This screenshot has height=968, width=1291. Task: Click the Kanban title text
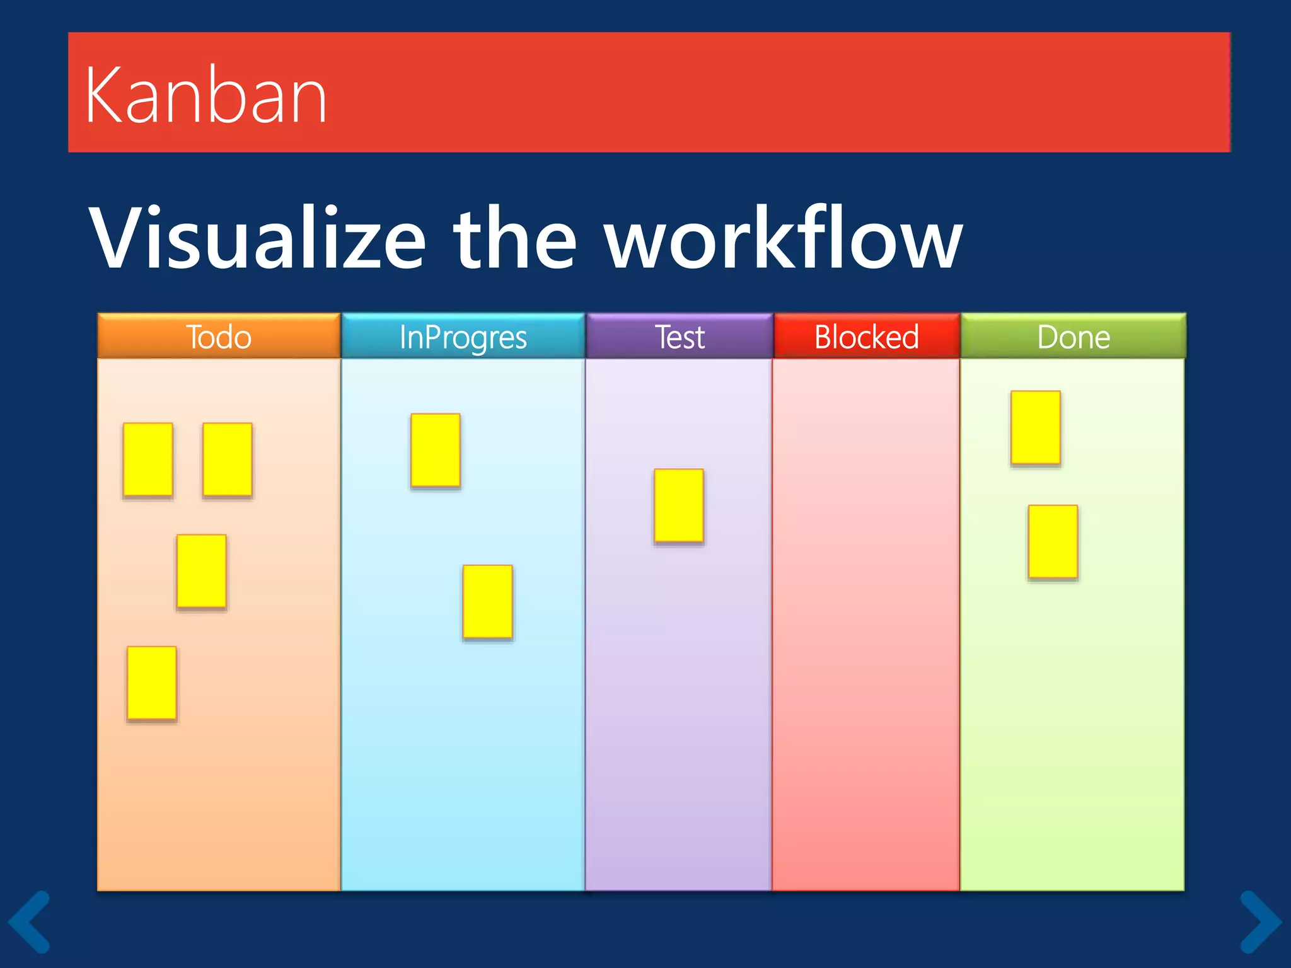pos(206,96)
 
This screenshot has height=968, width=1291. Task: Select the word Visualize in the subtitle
pos(257,239)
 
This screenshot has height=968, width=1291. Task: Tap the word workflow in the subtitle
pos(783,239)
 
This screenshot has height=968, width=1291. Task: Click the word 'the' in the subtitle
pos(514,239)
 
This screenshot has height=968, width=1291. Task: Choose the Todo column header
pos(219,337)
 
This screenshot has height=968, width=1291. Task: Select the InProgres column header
pos(463,337)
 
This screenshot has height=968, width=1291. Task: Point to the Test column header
pos(679,337)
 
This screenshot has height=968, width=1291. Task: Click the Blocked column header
pos(866,337)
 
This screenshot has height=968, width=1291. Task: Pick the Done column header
pos(1073,337)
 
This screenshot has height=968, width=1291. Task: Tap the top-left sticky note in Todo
pos(148,459)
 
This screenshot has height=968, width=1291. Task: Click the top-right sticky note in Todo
pos(228,459)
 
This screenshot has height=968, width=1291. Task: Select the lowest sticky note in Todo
pos(152,683)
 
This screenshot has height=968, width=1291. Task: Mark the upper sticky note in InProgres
pos(435,450)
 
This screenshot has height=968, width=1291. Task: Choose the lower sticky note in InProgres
pos(487,602)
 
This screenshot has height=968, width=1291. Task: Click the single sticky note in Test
pos(679,505)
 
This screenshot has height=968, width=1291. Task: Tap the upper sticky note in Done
pos(1036,427)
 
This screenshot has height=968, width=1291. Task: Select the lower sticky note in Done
pos(1053,541)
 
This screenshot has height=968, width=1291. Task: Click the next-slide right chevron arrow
pos(1261,921)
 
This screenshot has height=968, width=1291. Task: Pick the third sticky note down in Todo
pos(202,571)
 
